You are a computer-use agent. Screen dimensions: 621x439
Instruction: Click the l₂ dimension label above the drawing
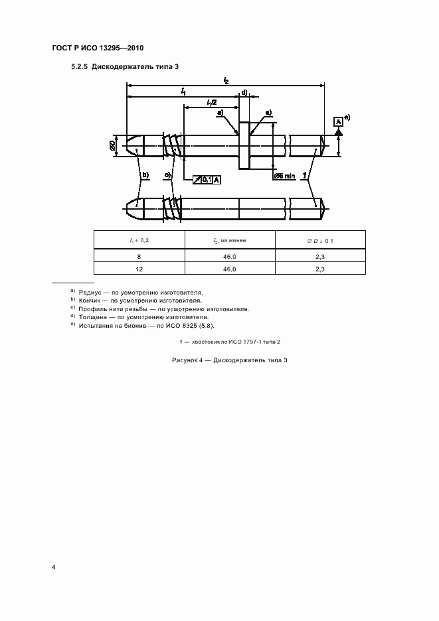coord(226,80)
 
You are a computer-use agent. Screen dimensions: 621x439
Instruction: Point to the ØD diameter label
coord(113,144)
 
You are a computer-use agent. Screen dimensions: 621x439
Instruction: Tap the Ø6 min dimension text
coord(284,176)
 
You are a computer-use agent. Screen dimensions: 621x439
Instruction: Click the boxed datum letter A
coord(338,121)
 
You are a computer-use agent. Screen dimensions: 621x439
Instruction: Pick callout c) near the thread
coord(169,175)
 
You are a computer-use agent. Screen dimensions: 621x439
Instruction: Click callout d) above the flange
coord(244,92)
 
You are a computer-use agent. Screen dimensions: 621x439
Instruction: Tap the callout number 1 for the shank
coord(304,175)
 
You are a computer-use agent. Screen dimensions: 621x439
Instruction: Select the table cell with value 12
coord(139,269)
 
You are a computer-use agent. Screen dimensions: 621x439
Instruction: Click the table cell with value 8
coord(139,255)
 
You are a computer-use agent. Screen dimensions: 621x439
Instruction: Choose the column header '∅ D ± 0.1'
coord(319,240)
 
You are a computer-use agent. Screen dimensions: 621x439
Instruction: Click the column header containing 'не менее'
coord(229,240)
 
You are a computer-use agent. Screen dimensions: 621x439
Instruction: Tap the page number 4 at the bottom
coord(54,568)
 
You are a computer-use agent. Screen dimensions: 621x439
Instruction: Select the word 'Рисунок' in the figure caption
coord(184,360)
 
